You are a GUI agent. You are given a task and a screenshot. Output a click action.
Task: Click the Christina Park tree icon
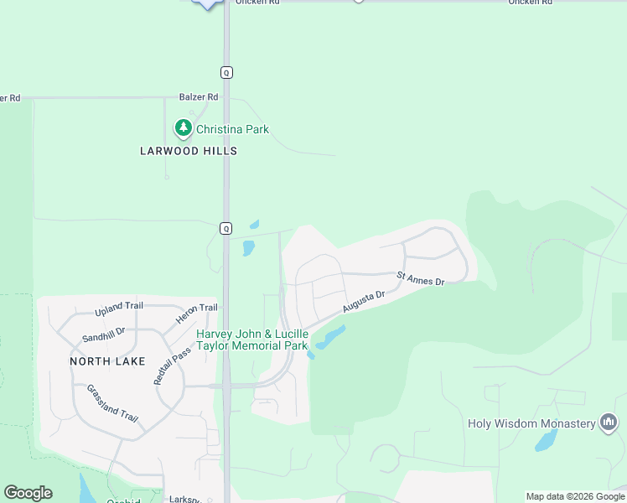[183, 128]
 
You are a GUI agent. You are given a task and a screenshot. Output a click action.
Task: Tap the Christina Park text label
[232, 129]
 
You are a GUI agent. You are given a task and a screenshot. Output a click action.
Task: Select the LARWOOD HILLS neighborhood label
[189, 151]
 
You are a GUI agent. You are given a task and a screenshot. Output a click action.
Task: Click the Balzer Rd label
[199, 97]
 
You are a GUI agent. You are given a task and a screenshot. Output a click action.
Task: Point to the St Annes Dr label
[420, 277]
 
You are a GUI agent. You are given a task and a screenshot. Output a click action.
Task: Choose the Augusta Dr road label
[363, 303]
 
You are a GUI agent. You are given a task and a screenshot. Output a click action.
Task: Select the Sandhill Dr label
[103, 334]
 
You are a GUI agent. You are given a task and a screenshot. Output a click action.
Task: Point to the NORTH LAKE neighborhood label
[107, 361]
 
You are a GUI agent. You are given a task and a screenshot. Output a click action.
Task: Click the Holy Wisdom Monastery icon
[609, 423]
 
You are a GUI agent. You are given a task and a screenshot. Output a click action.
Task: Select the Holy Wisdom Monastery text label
[531, 423]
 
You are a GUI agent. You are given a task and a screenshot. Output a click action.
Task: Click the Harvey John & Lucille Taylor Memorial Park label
[252, 340]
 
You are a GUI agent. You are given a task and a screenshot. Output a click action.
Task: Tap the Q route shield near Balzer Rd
[226, 72]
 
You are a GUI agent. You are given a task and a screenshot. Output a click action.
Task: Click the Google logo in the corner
[28, 493]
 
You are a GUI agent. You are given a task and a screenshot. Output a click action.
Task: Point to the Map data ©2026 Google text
[575, 496]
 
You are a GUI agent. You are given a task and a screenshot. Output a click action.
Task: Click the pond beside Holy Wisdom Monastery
[546, 441]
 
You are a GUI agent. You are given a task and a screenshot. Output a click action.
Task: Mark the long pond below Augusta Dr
[329, 338]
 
